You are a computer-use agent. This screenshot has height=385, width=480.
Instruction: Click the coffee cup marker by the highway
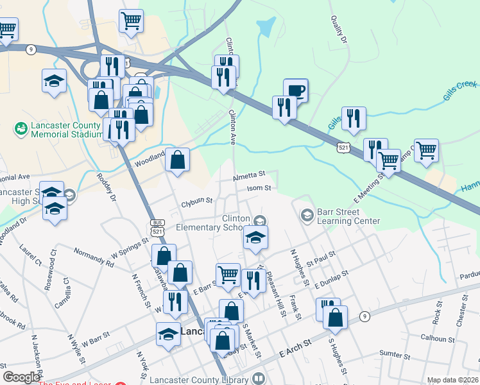tap(295, 90)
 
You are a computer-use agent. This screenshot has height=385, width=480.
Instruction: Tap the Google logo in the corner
tap(21, 377)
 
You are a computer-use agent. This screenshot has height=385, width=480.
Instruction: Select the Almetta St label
tap(249, 175)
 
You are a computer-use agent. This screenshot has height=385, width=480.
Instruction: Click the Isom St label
tap(259, 189)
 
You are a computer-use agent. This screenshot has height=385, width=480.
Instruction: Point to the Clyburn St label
tap(196, 200)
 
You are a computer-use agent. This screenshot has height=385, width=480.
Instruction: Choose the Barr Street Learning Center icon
tap(307, 214)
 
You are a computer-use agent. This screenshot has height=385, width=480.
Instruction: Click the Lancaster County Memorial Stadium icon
tap(21, 130)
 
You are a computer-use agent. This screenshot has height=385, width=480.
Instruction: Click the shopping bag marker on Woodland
tap(177, 158)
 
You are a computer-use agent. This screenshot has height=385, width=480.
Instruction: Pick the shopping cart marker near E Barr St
tap(228, 275)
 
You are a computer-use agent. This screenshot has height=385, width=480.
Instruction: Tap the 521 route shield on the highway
tap(345, 148)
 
